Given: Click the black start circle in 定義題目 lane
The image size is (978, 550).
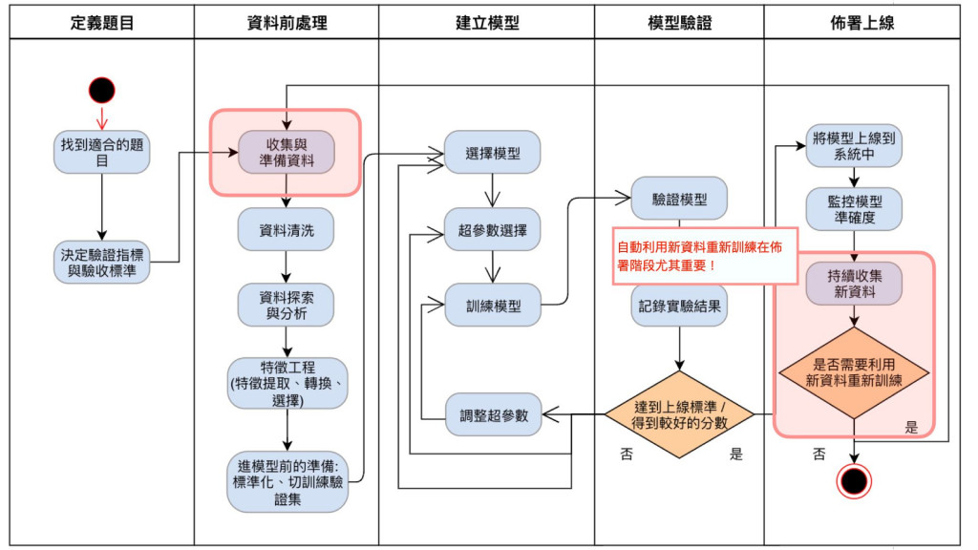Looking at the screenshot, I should [102, 91].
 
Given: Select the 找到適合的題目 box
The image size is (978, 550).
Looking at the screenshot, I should [102, 153].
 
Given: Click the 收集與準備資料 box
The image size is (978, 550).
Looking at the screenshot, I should [286, 153].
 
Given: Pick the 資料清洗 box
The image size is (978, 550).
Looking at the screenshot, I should [286, 229].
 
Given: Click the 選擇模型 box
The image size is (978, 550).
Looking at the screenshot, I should [493, 153].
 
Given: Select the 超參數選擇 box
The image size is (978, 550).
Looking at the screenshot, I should [493, 230].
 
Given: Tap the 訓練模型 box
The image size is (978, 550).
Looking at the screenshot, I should [493, 306].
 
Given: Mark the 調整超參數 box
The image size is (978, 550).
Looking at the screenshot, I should [493, 414].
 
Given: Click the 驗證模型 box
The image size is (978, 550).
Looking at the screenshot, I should [680, 200].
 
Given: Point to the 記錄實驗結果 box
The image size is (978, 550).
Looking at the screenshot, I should [680, 306].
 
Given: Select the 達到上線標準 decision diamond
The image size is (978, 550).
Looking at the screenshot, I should [680, 414].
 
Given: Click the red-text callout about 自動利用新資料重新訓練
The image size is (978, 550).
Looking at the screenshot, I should [705, 255].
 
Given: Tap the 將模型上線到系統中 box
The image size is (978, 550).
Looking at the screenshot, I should [853, 145].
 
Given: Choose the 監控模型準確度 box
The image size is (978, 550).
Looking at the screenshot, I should [853, 210].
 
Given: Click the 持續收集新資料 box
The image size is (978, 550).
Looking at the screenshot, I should [853, 284].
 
